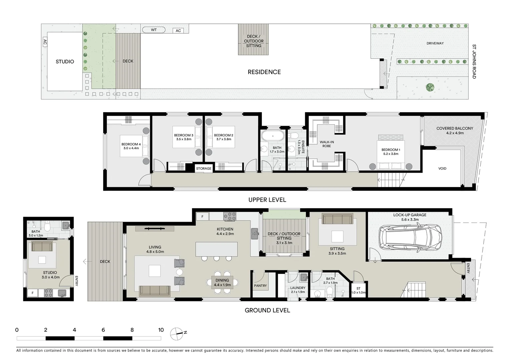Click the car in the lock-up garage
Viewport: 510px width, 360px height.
click(x=410, y=238)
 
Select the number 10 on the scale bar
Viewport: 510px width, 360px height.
click(x=161, y=330)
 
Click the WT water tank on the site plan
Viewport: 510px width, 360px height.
click(x=154, y=30)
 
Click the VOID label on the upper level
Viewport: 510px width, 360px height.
click(x=442, y=168)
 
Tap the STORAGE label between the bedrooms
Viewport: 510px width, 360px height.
click(x=203, y=168)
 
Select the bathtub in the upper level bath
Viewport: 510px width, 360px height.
click(x=273, y=136)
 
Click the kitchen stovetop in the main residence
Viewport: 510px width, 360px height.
click(x=230, y=216)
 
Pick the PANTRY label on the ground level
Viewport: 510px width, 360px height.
click(x=260, y=286)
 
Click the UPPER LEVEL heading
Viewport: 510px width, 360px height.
click(x=267, y=200)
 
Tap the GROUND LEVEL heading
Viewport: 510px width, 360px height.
click(x=267, y=310)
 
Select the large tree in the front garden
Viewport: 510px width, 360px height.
click(x=430, y=87)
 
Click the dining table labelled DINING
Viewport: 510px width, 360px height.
click(x=222, y=282)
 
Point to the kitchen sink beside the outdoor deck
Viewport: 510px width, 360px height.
click(x=255, y=233)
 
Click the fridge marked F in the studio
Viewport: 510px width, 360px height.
click(x=33, y=293)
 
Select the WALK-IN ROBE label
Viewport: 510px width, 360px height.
click(x=327, y=144)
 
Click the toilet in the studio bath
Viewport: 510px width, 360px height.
click(x=47, y=226)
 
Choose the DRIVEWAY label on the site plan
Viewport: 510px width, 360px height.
click(x=435, y=43)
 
